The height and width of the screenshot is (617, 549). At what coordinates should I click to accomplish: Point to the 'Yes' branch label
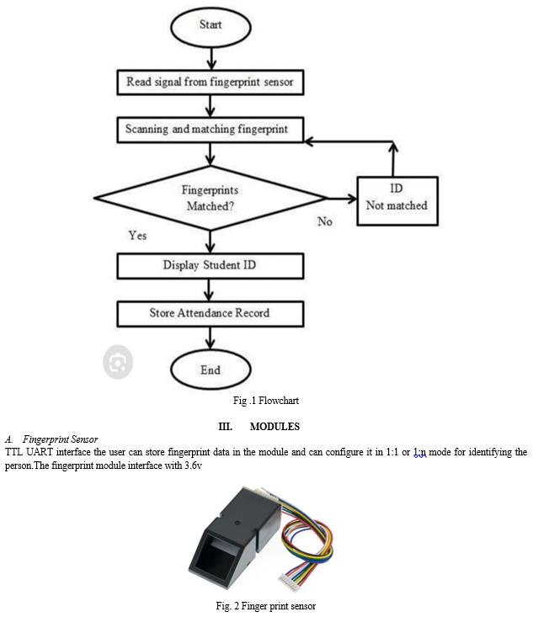pyautogui.click(x=137, y=236)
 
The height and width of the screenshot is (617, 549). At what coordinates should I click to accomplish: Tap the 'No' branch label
pyautogui.click(x=325, y=221)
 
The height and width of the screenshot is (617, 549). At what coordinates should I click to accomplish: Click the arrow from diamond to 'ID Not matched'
pyautogui.click(x=342, y=199)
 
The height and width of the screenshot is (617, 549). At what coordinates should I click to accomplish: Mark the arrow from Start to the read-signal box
pyautogui.click(x=211, y=59)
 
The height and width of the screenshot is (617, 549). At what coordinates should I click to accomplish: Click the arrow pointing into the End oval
pyautogui.click(x=211, y=338)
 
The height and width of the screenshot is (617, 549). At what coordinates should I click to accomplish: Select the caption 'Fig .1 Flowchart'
pyautogui.click(x=265, y=401)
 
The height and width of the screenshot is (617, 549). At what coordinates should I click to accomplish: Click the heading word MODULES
pyautogui.click(x=274, y=427)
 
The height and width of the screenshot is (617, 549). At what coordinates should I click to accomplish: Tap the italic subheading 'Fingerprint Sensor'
pyautogui.click(x=61, y=439)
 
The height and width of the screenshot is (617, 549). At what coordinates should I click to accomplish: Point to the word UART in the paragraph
pyautogui.click(x=40, y=452)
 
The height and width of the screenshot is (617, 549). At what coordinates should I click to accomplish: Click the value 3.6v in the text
pyautogui.click(x=193, y=465)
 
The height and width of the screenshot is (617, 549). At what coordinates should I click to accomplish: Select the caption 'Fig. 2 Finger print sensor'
pyautogui.click(x=265, y=606)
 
